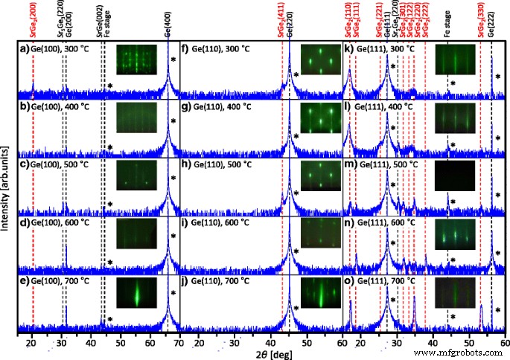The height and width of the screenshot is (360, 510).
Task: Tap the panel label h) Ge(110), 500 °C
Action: coord(214,165)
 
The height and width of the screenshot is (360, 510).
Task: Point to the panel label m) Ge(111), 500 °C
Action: coord(378,164)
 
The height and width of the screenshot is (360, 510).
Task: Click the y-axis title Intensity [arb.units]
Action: coord(7,186)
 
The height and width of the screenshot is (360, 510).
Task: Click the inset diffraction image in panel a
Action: coord(136,60)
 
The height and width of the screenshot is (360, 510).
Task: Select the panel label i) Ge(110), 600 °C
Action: coord(214,222)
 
